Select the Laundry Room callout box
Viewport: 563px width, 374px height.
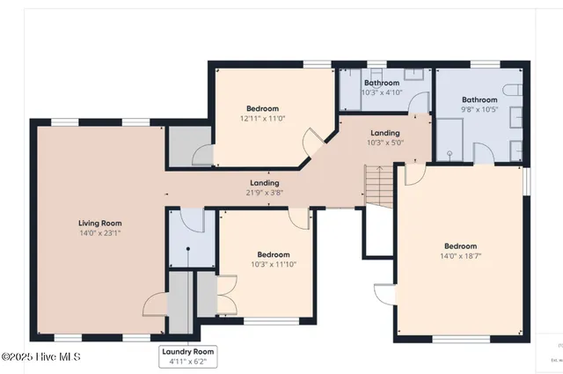(x=187, y=356)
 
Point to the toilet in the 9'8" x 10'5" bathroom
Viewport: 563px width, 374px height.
(x=515, y=88)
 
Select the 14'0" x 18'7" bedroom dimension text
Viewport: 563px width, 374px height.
(x=460, y=256)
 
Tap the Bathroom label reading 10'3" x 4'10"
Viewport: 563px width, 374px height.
(x=382, y=83)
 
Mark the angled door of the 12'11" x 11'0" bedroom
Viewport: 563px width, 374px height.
(x=312, y=141)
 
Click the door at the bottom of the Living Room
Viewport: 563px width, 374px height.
(x=153, y=304)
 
